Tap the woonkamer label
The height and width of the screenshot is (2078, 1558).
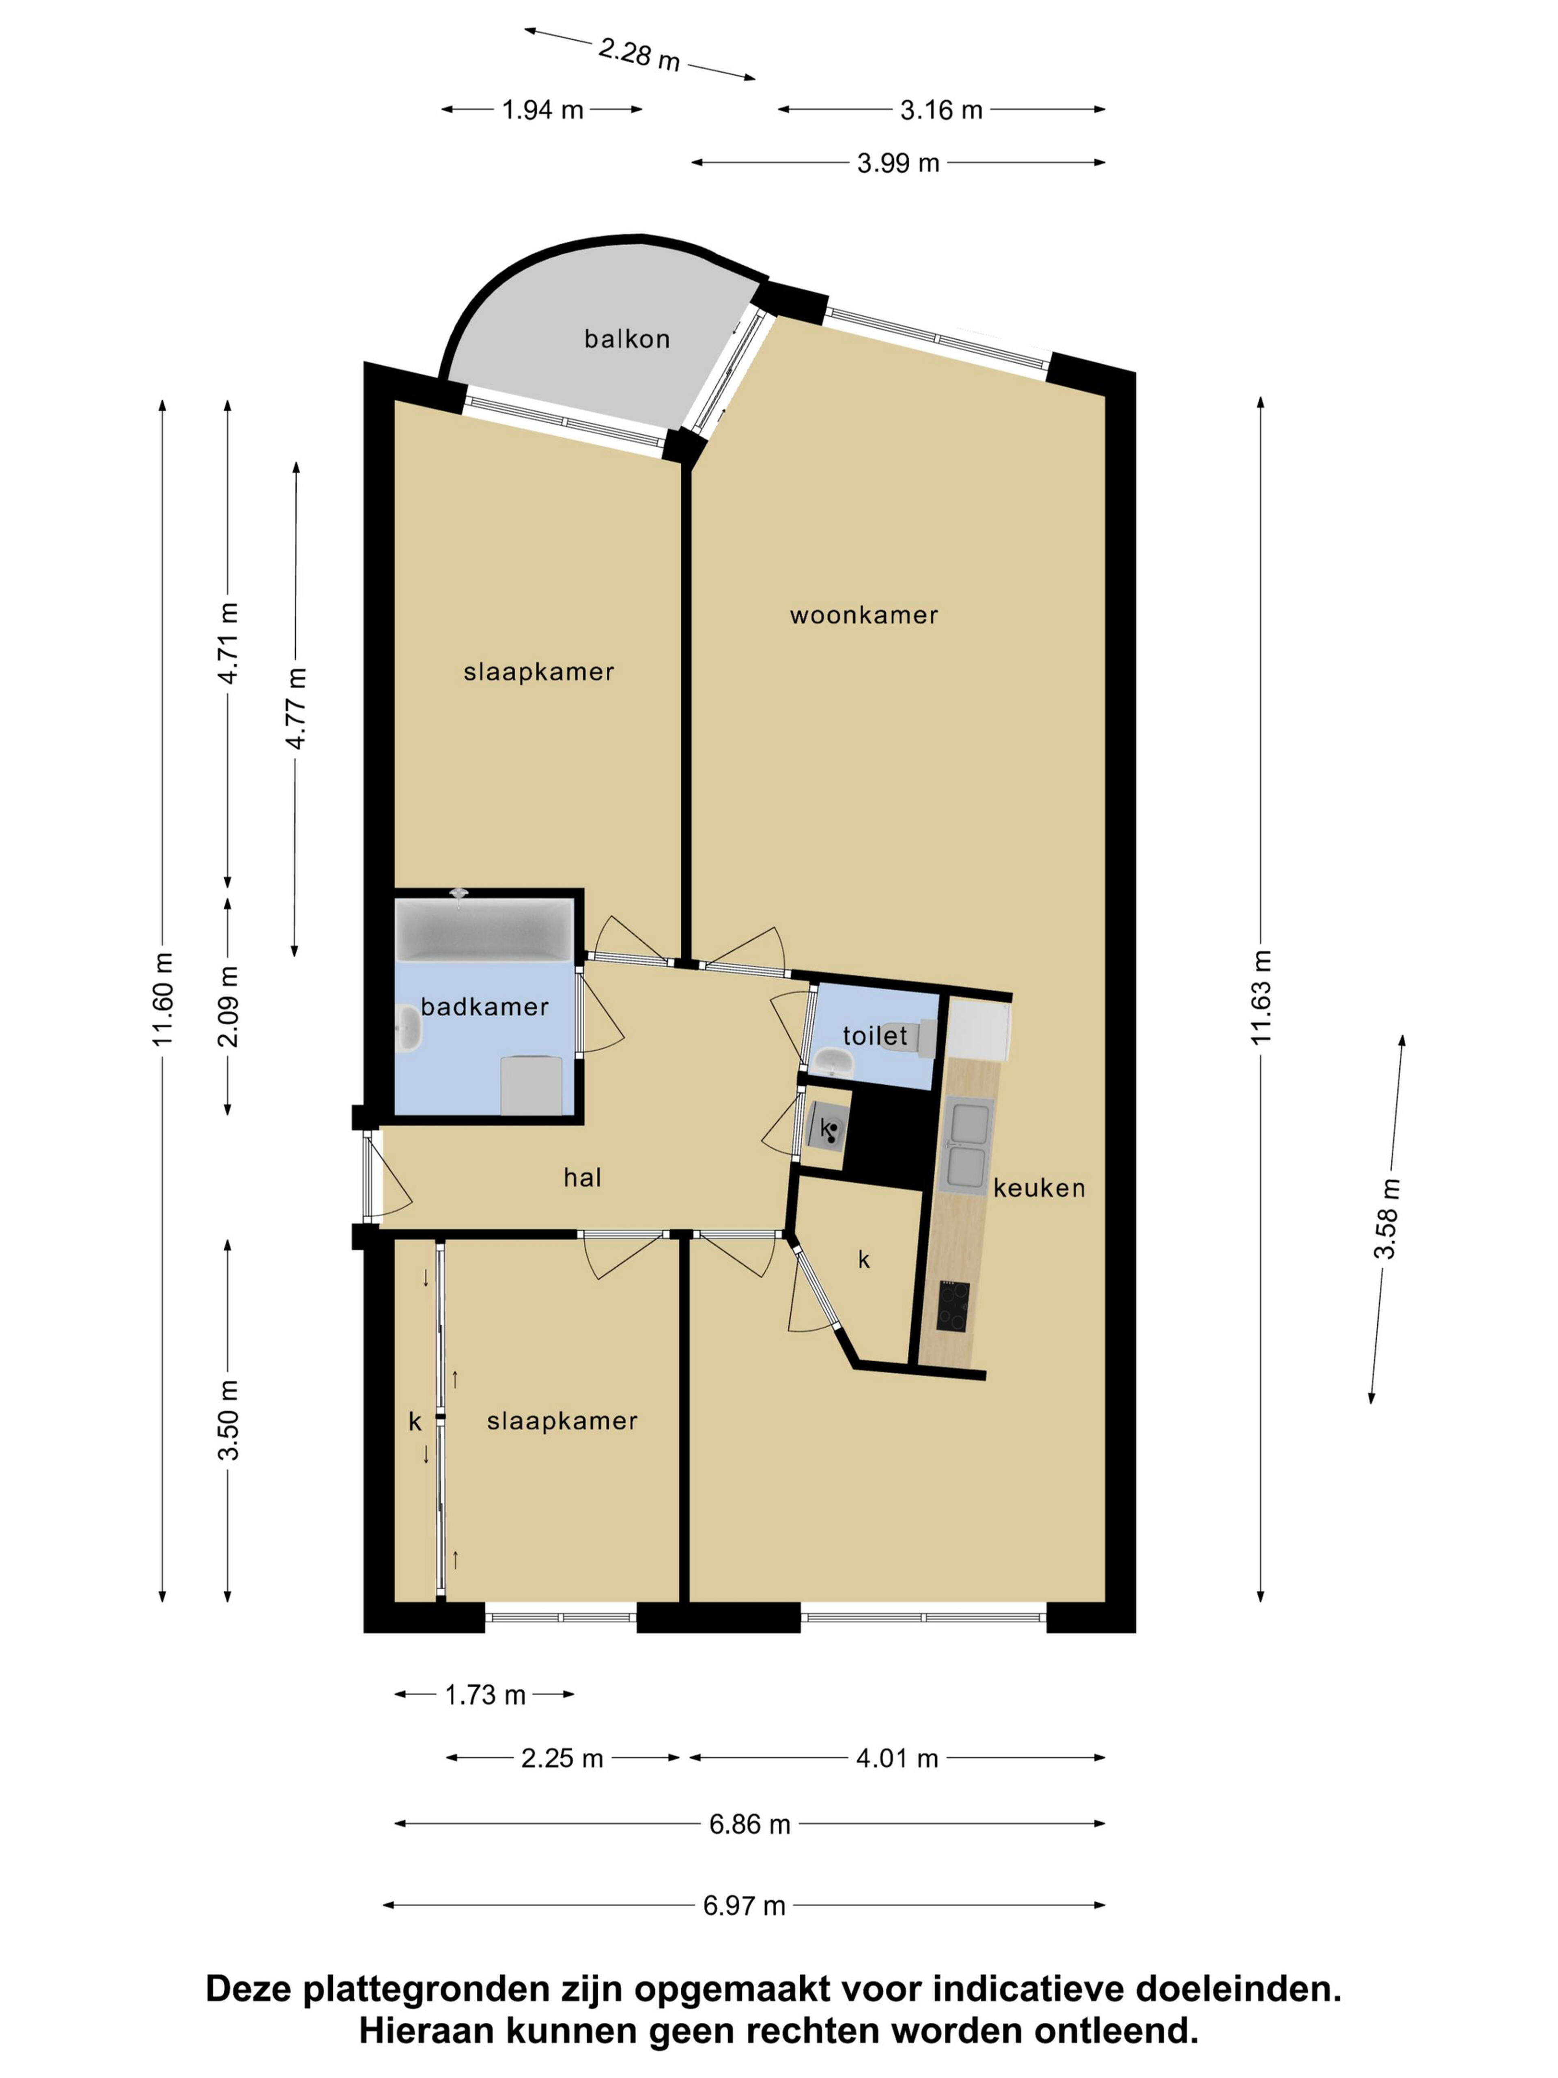[863, 615]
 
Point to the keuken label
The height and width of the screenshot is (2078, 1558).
[1039, 1188]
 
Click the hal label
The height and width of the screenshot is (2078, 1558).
[582, 1177]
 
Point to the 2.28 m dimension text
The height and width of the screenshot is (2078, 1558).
[639, 54]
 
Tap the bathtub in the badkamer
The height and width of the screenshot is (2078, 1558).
[484, 930]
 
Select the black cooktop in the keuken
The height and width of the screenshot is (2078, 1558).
[953, 1307]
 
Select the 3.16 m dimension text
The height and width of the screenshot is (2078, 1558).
[941, 110]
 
